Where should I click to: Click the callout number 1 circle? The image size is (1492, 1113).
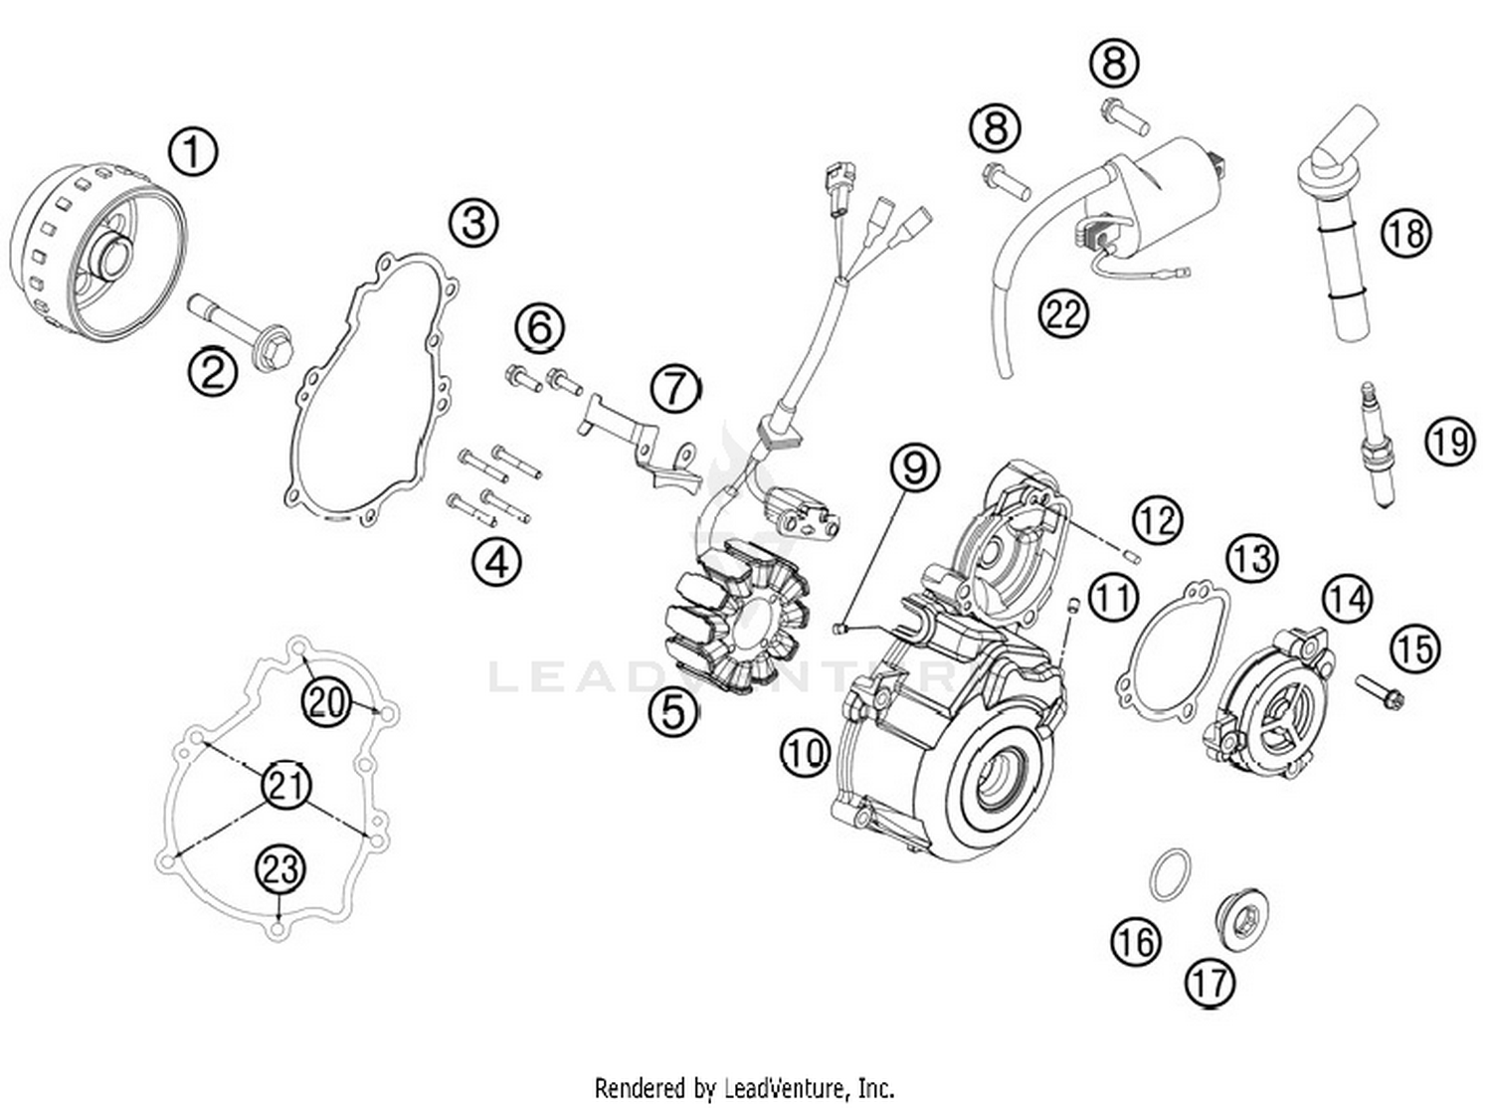[x=193, y=152]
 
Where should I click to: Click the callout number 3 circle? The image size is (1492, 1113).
[x=473, y=222]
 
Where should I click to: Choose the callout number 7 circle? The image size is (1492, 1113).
[x=676, y=386]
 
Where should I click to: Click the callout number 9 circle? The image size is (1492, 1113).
[x=914, y=466]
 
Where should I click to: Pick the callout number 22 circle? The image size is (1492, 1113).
[x=1063, y=314]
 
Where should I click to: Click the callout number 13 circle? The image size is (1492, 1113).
[x=1251, y=558]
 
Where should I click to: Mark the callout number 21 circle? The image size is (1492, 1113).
[x=286, y=786]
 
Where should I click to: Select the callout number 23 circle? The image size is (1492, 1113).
[x=280, y=869]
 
